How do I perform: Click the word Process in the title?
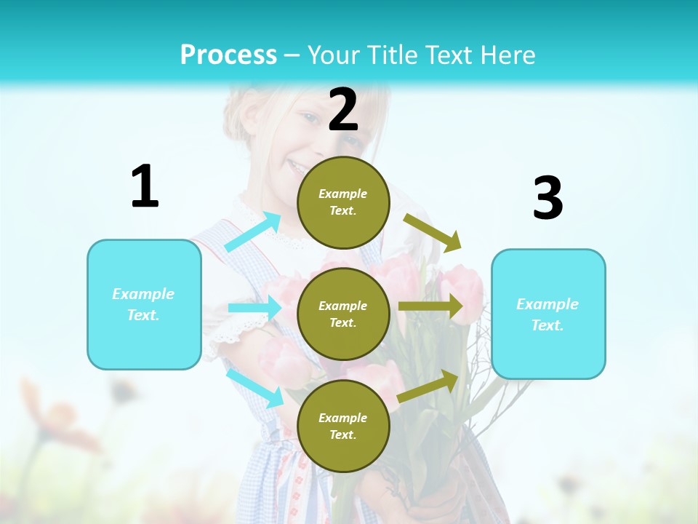(228, 55)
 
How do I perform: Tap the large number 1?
(145, 186)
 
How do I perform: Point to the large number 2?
(343, 110)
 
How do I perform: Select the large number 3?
(547, 198)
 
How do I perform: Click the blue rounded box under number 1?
(144, 304)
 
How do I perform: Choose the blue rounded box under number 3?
(548, 314)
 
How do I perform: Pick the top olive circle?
(343, 202)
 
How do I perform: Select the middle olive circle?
(343, 314)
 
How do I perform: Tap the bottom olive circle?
(343, 426)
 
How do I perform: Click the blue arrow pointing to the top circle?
(253, 232)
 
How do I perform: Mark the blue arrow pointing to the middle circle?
(254, 308)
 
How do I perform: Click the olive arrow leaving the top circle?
(433, 232)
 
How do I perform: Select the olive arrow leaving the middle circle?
(430, 306)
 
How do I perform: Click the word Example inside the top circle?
(342, 194)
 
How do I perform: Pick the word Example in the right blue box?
(547, 304)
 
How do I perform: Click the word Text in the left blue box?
(143, 315)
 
